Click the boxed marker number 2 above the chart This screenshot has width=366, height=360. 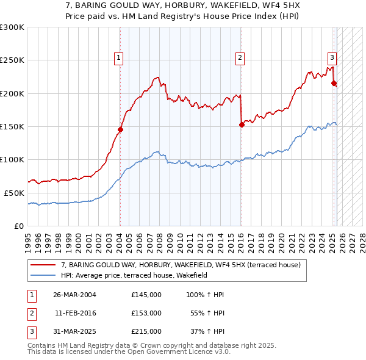(x=240, y=58)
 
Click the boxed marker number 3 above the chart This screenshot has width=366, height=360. (x=332, y=58)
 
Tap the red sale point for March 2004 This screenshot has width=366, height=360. (x=120, y=129)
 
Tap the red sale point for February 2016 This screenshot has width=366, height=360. (x=242, y=124)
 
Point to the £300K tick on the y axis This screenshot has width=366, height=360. (x=13, y=27)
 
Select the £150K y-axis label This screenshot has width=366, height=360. (x=13, y=126)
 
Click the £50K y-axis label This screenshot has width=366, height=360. (x=15, y=192)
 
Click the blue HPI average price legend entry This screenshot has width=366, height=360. (x=134, y=276)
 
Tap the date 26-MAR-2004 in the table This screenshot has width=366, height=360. (x=74, y=295)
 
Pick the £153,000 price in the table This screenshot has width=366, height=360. (x=146, y=313)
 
